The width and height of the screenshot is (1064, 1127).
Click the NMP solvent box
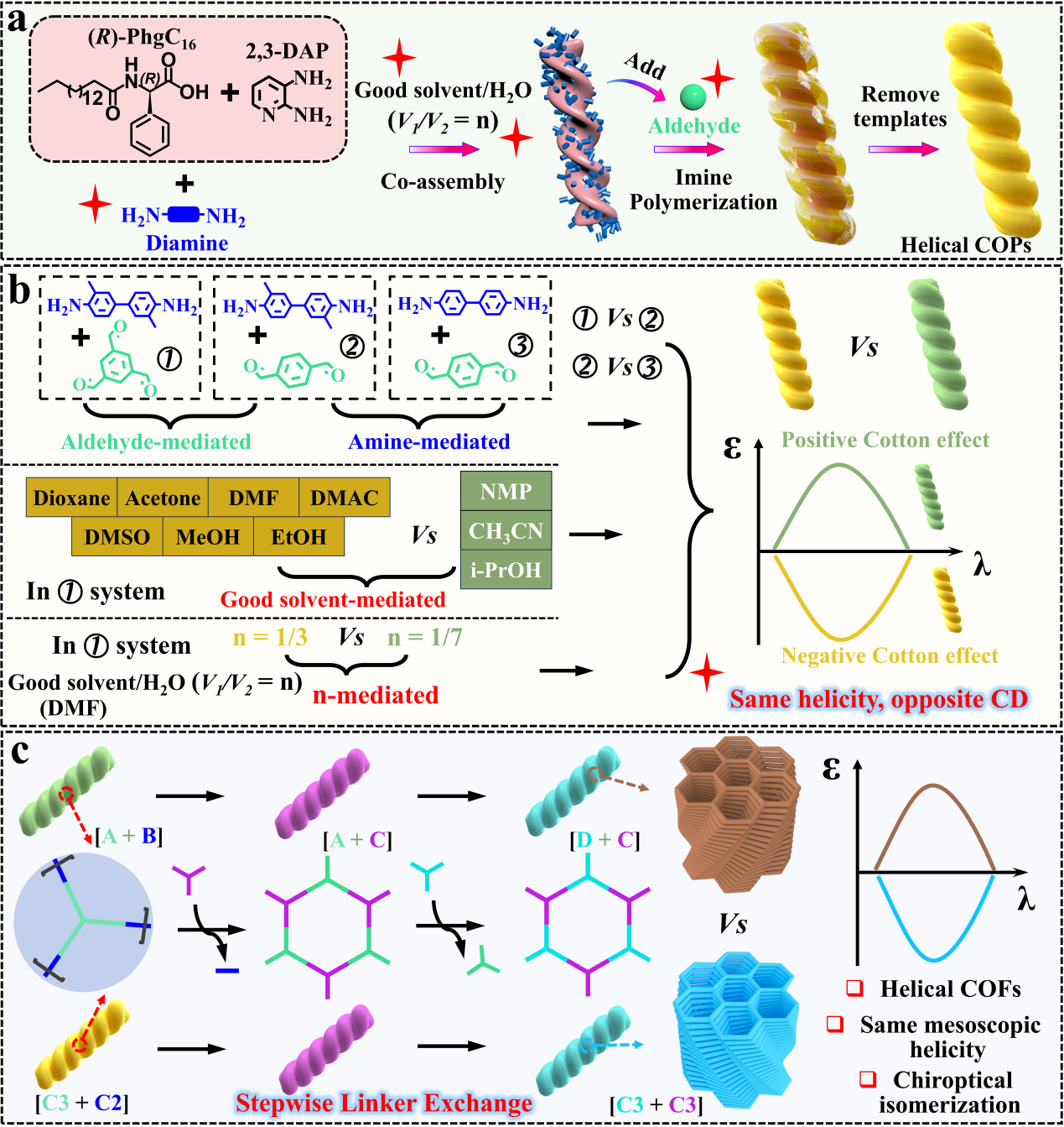pyautogui.click(x=506, y=492)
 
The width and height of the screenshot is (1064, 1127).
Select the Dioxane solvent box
pyautogui.click(x=71, y=498)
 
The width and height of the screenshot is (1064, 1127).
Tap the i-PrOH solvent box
pyautogui.click(x=506, y=571)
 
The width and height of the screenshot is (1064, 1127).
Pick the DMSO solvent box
pyautogui.click(x=117, y=537)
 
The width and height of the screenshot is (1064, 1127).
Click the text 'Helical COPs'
pyautogui.click(x=965, y=245)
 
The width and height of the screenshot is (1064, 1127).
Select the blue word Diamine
pyautogui.click(x=187, y=243)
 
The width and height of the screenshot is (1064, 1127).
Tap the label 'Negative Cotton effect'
pyautogui.click(x=890, y=655)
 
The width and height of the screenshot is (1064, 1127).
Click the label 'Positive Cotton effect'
pyautogui.click(x=885, y=440)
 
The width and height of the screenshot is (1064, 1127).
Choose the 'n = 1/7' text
pyautogui.click(x=425, y=638)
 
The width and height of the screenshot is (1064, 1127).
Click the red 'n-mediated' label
pyautogui.click(x=376, y=695)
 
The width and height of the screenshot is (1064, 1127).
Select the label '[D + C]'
pyautogui.click(x=605, y=839)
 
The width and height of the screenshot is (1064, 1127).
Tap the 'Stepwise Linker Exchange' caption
pyautogui.click(x=384, y=1103)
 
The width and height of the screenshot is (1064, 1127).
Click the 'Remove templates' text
pyautogui.click(x=900, y=107)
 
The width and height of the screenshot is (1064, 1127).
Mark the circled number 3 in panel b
pyautogui.click(x=521, y=344)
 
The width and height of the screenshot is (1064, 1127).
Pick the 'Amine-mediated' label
pyautogui.click(x=429, y=441)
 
